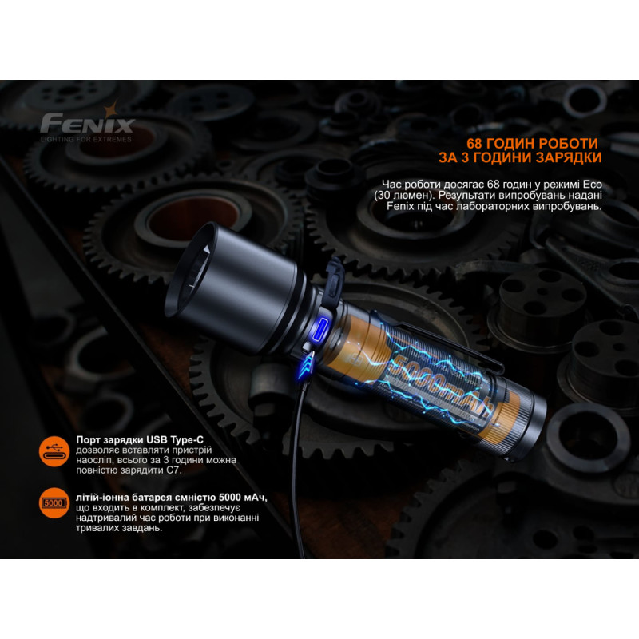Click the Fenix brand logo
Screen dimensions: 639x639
87,121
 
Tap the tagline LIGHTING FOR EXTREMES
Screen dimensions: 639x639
86,139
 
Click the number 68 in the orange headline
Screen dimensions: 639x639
474,144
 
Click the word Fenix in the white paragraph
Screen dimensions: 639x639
400,206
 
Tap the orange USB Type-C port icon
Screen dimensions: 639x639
54,451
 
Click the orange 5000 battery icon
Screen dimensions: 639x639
54,503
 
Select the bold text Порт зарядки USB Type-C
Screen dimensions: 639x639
140,440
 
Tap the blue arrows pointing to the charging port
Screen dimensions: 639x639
306,365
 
